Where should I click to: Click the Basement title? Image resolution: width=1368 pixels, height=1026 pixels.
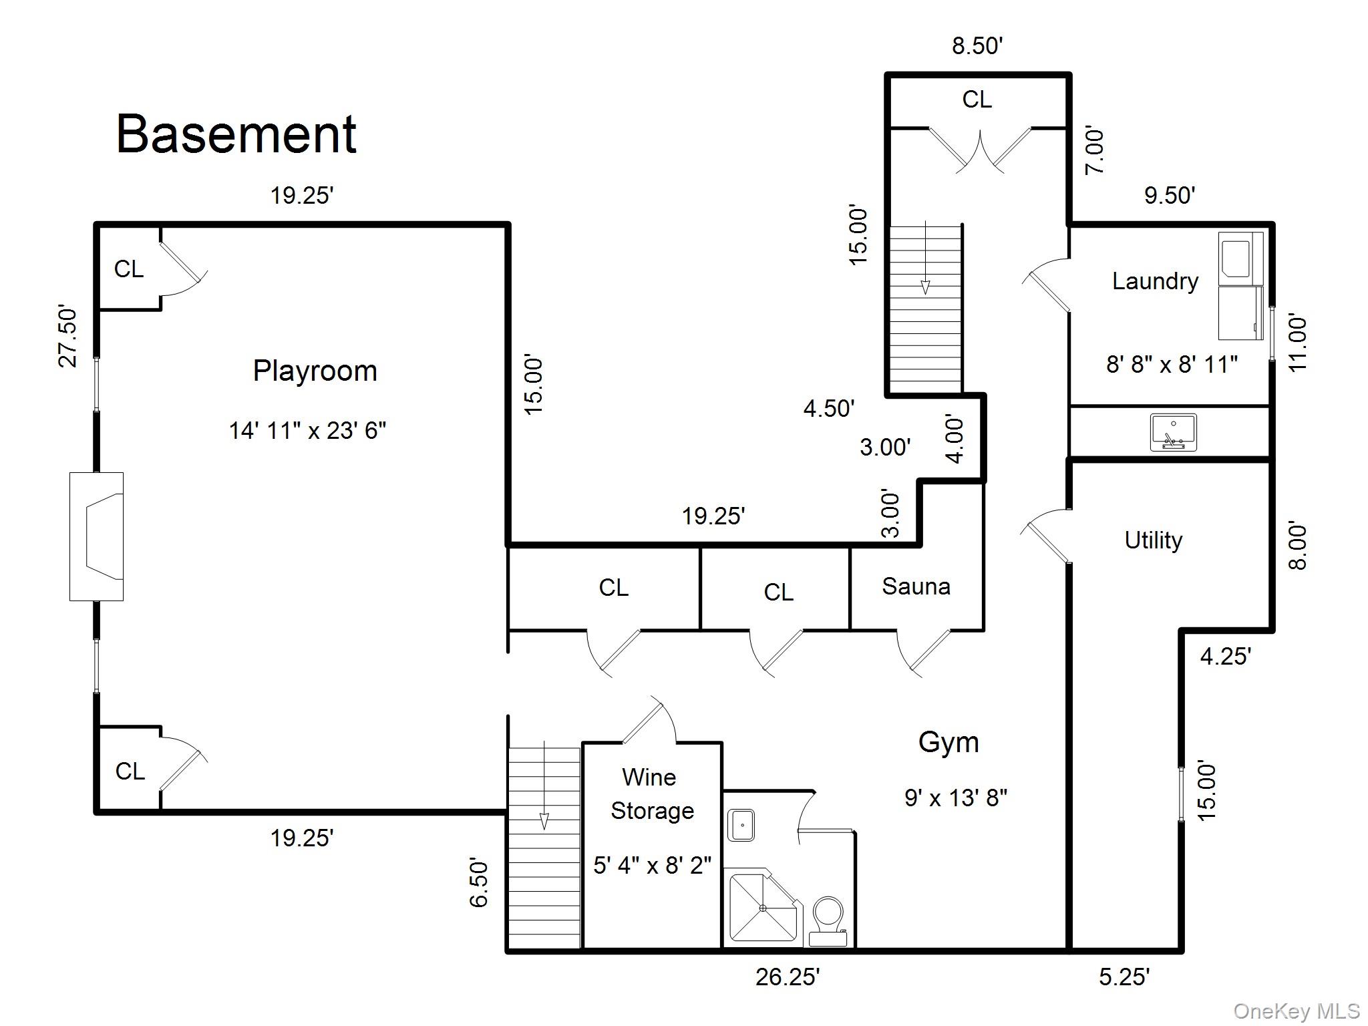(236, 135)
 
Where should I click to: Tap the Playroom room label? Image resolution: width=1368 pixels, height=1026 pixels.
(315, 371)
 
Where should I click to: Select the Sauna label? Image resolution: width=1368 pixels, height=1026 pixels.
(916, 586)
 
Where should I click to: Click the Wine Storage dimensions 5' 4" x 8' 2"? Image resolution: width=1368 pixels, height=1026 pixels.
(652, 866)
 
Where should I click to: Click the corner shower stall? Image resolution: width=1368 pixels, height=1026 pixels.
(762, 906)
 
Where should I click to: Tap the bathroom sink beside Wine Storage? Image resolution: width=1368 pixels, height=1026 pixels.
(741, 826)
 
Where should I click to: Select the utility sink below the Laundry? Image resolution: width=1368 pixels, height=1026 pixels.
(1173, 432)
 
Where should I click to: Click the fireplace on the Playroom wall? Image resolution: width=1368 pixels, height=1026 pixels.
(98, 536)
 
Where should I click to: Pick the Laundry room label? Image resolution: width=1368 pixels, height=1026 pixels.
(1155, 281)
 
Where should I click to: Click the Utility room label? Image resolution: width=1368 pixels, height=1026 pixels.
(1154, 540)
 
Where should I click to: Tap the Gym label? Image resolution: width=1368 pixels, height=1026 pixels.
(949, 742)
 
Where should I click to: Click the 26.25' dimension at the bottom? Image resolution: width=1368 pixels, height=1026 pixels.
(788, 977)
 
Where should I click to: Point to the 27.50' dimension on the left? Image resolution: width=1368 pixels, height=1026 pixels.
(68, 337)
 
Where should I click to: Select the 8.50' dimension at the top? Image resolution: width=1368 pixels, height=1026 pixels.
(977, 46)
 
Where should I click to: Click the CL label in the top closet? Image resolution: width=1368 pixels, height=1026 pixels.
(977, 100)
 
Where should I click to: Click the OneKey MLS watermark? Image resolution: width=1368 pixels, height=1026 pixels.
(1297, 1011)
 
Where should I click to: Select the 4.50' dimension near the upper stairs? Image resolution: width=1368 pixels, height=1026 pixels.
(829, 408)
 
